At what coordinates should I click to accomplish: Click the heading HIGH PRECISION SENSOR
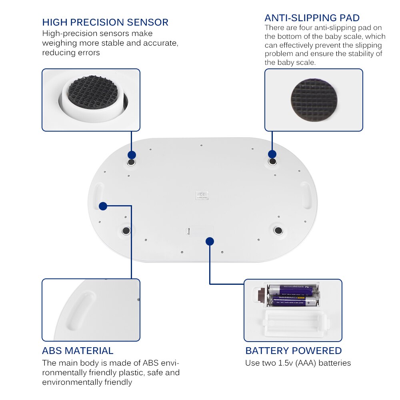pos(105,22)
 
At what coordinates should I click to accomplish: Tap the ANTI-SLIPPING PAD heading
pos(312,18)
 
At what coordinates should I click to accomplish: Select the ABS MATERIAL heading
pos(78,351)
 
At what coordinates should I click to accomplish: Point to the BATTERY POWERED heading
pos(294,351)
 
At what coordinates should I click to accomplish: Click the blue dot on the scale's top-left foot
pos(132,155)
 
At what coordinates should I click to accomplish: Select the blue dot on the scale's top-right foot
pos(272,154)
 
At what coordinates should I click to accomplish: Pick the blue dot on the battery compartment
pos(210,241)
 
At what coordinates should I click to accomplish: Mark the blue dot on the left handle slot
pos(103,206)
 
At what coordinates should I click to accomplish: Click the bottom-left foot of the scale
pos(126,230)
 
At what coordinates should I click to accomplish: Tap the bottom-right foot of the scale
pos(278,230)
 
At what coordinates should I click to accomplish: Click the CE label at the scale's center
pos(201,194)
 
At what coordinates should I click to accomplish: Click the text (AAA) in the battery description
pos(297,363)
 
